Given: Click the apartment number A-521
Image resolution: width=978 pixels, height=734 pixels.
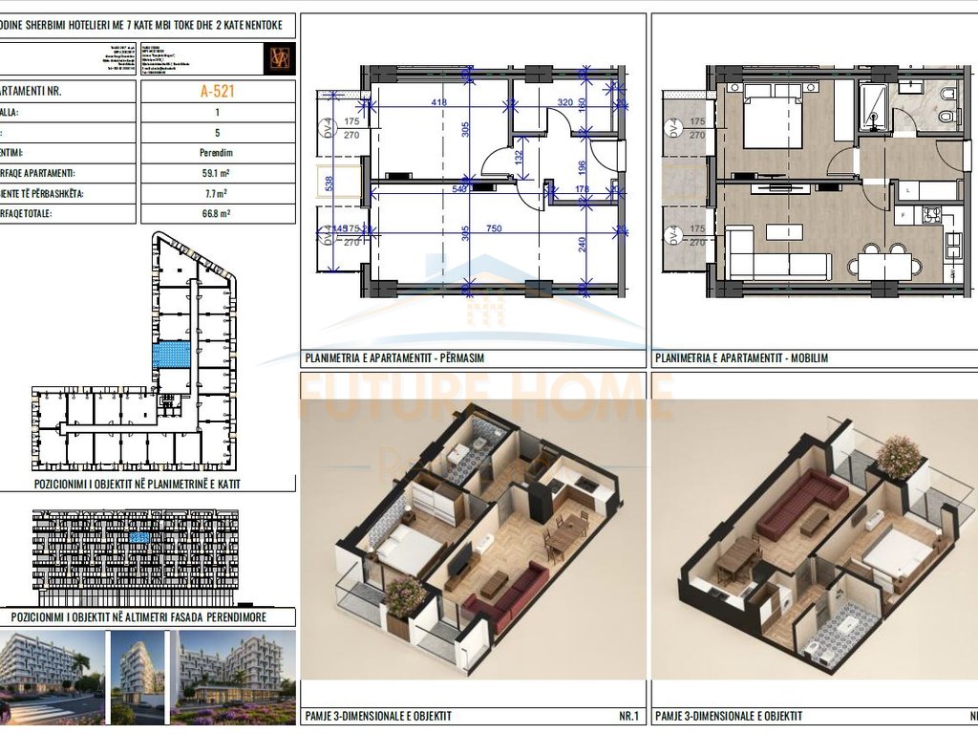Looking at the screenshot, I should (x=217, y=92).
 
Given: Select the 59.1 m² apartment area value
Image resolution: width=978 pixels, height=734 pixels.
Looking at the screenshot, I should (x=217, y=174).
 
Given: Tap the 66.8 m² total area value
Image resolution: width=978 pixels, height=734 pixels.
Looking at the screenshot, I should (x=217, y=215).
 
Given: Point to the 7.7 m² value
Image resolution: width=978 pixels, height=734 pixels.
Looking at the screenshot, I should (x=217, y=194).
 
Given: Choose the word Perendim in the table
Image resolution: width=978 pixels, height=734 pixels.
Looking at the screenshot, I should (x=217, y=153).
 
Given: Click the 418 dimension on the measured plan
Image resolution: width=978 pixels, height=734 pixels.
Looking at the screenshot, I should (x=438, y=102).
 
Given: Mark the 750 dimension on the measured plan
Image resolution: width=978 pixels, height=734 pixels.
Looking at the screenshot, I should (x=495, y=229).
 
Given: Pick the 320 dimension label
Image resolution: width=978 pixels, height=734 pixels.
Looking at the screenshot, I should (x=565, y=102).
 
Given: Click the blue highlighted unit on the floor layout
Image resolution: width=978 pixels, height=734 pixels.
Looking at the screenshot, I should (x=172, y=356).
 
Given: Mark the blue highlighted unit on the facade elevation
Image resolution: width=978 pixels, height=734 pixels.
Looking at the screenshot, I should (x=140, y=540).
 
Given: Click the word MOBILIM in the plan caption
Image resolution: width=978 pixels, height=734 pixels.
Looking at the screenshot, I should (x=809, y=358).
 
